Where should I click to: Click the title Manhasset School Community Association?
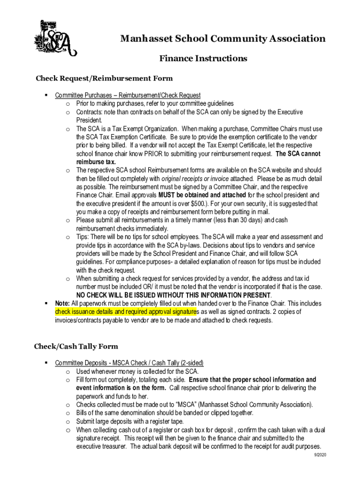(x=223, y=38)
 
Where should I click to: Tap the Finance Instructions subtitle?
(x=203, y=58)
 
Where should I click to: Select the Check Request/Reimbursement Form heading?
(x=104, y=78)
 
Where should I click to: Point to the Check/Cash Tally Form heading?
(x=76, y=347)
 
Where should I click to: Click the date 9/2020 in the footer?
(x=320, y=455)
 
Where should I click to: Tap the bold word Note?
(x=63, y=304)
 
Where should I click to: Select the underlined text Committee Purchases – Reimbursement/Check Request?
(x=128, y=95)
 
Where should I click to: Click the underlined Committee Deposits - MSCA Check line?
(x=129, y=363)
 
